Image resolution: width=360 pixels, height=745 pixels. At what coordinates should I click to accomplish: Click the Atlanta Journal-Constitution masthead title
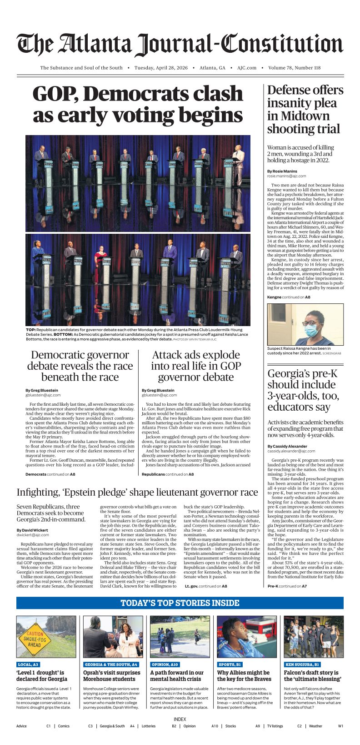click(180, 44)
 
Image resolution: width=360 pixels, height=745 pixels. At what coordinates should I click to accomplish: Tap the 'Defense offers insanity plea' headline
click(305, 110)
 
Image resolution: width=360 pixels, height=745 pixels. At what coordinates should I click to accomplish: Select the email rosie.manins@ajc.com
click(286, 176)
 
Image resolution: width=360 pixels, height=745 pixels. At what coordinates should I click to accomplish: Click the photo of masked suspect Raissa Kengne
click(305, 325)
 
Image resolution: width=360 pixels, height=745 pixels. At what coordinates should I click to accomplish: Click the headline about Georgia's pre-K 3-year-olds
click(303, 390)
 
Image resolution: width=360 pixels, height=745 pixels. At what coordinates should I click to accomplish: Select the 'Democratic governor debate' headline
click(80, 366)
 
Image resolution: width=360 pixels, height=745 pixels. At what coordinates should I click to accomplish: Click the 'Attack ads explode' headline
click(196, 366)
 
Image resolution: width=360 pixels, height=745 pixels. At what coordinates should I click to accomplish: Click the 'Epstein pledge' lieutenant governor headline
click(137, 493)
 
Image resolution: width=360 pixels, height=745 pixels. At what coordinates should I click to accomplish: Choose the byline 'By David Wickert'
click(32, 530)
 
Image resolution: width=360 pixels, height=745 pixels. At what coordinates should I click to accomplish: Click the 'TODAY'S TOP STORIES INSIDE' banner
click(180, 603)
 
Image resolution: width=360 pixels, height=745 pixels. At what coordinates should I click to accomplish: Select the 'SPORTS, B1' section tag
click(230, 664)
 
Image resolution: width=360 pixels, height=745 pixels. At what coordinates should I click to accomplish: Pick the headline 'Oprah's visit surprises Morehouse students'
click(112, 675)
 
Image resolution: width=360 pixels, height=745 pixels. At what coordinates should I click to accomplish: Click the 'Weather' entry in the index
click(315, 726)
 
